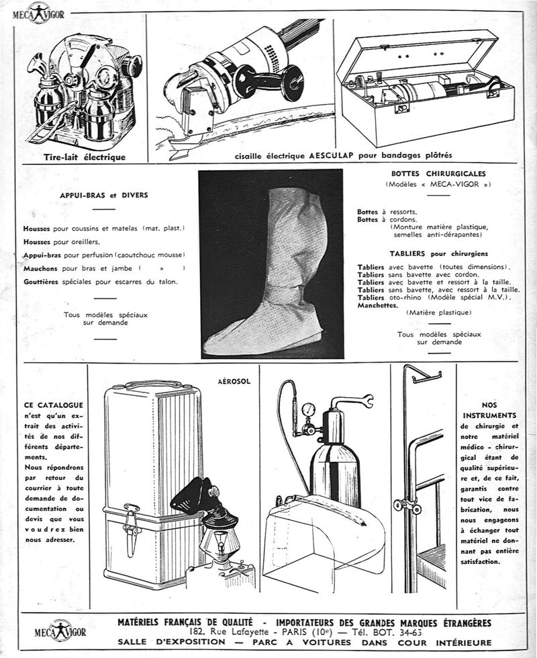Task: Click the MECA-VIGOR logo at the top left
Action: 42,12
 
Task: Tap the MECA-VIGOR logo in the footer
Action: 61,630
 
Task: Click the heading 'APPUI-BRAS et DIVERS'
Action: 103,196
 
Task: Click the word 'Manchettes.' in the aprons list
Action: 378,304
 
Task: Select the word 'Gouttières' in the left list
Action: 42,282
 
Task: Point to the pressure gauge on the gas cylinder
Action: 309,409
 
